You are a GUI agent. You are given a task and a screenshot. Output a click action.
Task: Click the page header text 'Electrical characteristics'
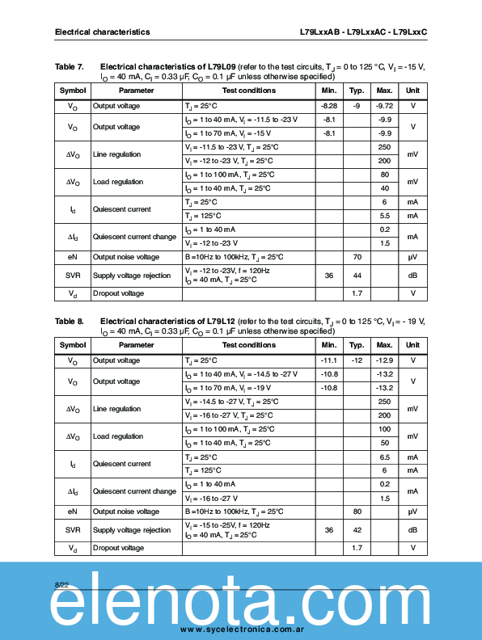click(x=102, y=32)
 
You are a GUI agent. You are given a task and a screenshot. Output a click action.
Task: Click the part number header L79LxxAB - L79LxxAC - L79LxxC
click(x=363, y=32)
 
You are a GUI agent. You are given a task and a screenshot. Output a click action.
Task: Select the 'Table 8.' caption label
click(x=70, y=321)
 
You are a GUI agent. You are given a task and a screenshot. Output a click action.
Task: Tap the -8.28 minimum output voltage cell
click(x=329, y=106)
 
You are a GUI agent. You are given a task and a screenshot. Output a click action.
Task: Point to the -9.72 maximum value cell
click(x=384, y=106)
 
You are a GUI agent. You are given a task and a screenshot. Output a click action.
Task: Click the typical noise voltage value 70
click(x=357, y=257)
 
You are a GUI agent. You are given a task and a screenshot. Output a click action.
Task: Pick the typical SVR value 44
click(x=357, y=276)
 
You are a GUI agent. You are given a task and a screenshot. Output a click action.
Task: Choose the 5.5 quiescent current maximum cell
click(x=384, y=216)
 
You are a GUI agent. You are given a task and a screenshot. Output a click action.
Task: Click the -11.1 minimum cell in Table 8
click(x=329, y=360)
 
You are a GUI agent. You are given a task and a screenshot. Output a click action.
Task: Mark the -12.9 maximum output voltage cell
click(x=384, y=360)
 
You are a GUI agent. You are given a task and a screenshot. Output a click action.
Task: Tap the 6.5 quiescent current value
click(x=384, y=457)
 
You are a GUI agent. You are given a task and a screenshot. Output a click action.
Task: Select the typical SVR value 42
click(x=357, y=530)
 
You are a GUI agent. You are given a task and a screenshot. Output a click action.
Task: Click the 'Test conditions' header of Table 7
click(x=248, y=91)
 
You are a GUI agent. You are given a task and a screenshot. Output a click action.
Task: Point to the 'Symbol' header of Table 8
click(x=73, y=345)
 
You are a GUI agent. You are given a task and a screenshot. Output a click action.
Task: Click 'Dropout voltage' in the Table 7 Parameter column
click(x=118, y=293)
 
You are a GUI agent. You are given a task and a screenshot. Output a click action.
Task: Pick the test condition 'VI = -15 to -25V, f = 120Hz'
click(x=227, y=525)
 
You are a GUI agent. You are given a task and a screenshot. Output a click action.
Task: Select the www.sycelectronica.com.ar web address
click(x=241, y=629)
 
